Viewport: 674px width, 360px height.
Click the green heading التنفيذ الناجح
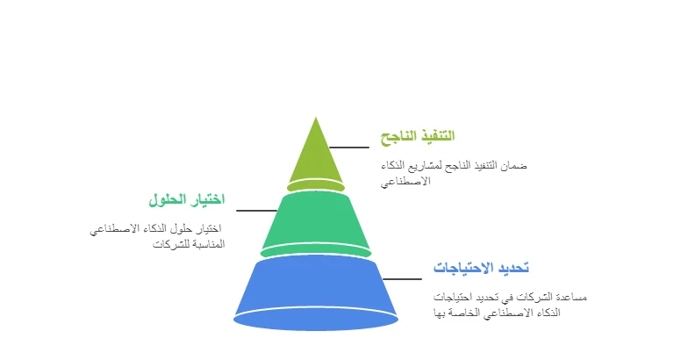pyautogui.click(x=418, y=137)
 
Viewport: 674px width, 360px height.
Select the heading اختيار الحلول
pyautogui.click(x=187, y=200)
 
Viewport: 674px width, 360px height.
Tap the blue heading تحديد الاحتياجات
pyautogui.click(x=481, y=268)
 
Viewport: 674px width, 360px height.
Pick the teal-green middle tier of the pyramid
pyautogui.click(x=316, y=224)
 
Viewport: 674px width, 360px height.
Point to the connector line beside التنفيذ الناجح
pyautogui.click(x=349, y=148)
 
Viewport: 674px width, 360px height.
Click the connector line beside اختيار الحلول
pyautogui.click(x=257, y=211)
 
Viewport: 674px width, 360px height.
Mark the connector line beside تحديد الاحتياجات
pyautogui.click(x=402, y=279)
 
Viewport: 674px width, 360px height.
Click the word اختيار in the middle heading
pyautogui.click(x=207, y=200)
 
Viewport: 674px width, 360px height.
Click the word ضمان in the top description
pyautogui.click(x=514, y=165)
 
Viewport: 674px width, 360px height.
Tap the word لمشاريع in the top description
pyautogui.click(x=427, y=165)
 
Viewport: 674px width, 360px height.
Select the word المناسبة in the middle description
pyautogui.click(x=204, y=245)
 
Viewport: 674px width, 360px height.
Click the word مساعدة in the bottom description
pyautogui.click(x=570, y=298)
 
